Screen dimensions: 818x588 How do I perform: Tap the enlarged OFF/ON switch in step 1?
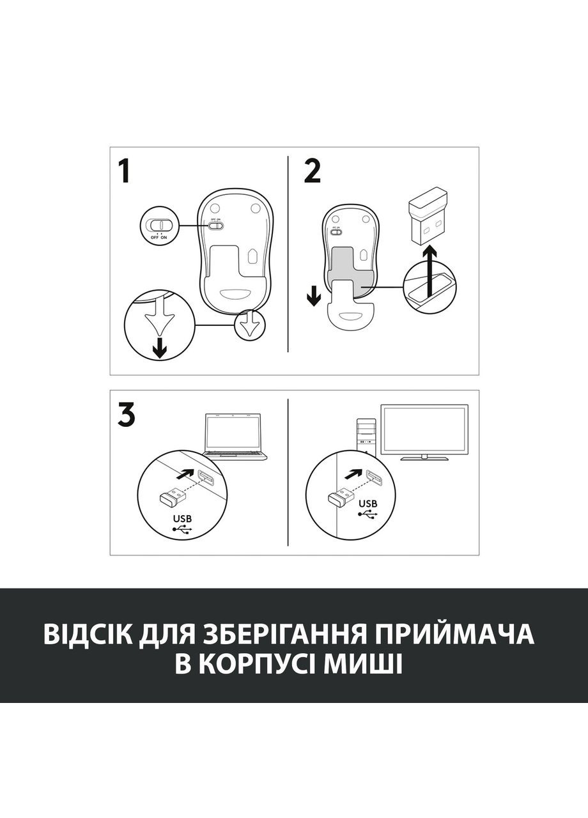coord(159,225)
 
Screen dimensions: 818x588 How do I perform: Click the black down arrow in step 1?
coord(159,348)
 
